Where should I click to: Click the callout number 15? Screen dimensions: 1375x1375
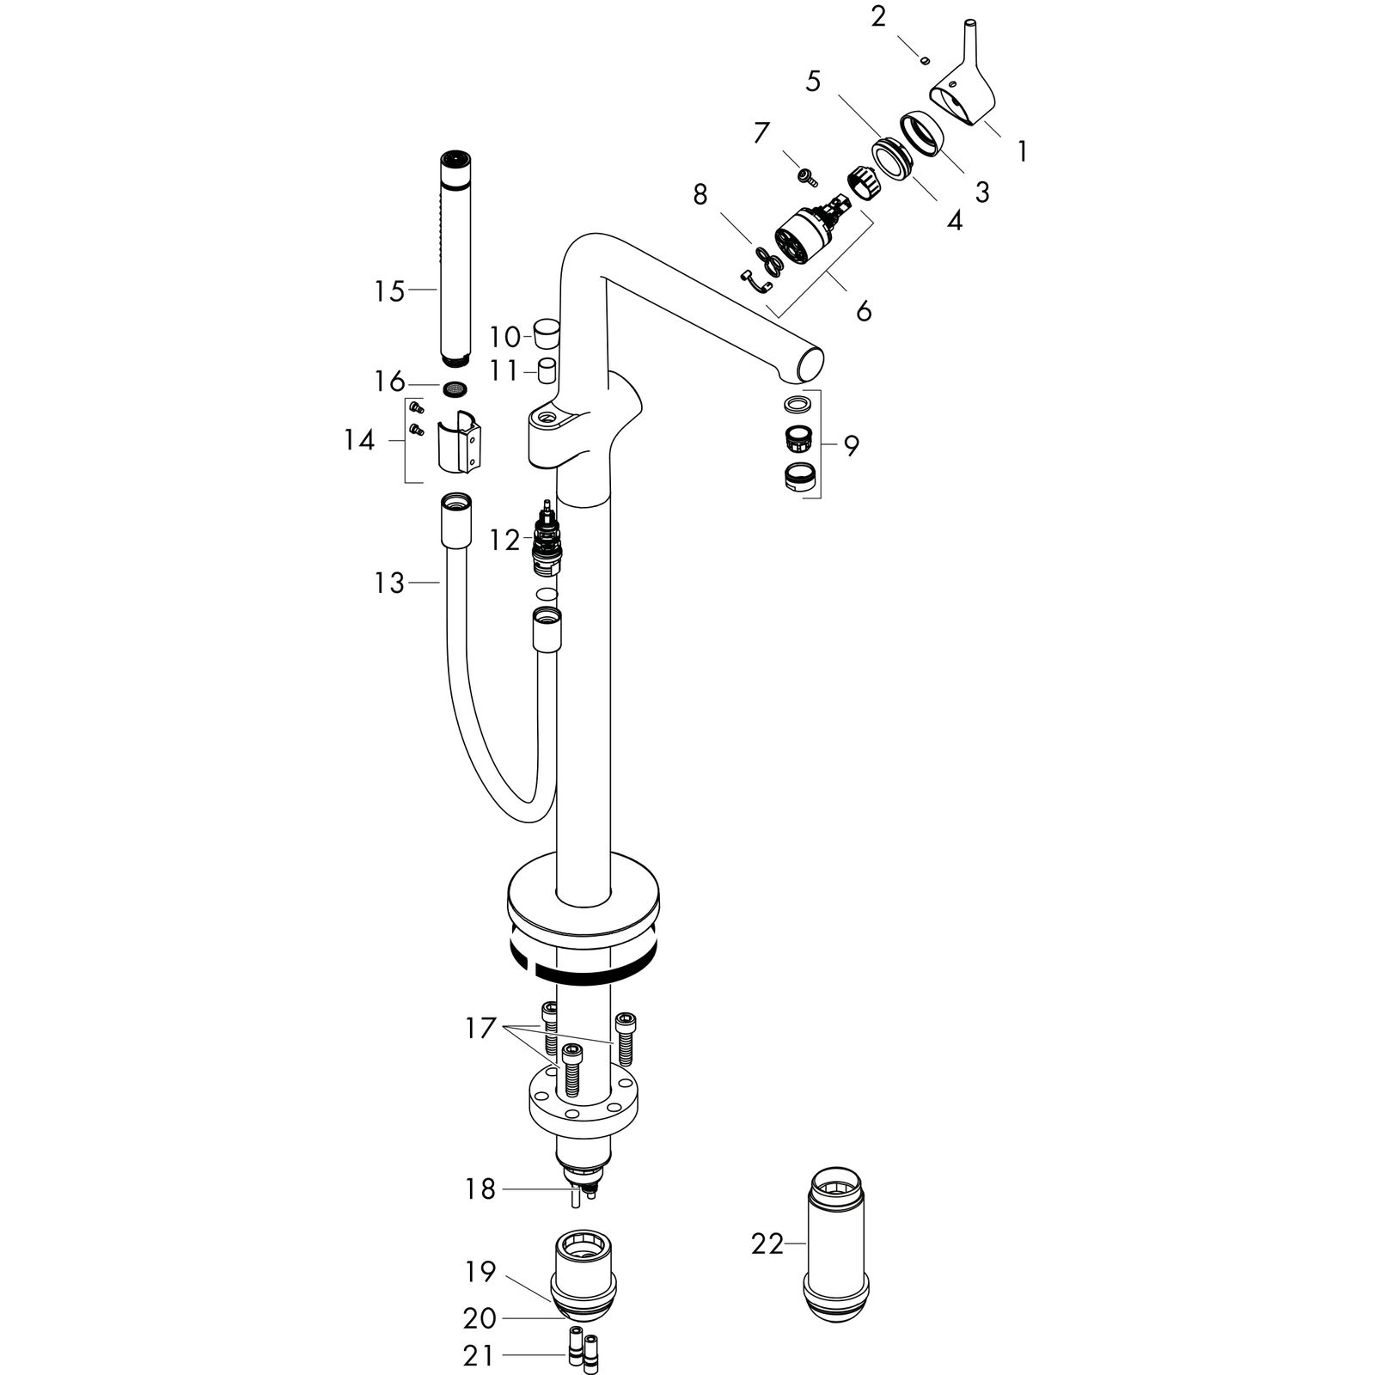tap(389, 291)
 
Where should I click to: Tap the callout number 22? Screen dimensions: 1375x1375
tap(767, 1244)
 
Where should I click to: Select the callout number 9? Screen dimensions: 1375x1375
tap(851, 446)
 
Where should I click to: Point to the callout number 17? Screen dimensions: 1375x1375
tap(482, 1028)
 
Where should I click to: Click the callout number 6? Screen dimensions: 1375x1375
tap(864, 310)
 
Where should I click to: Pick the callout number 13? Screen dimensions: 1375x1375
tap(389, 584)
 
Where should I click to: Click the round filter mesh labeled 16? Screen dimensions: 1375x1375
tap(456, 389)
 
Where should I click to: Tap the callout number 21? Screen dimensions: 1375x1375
tap(478, 1356)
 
